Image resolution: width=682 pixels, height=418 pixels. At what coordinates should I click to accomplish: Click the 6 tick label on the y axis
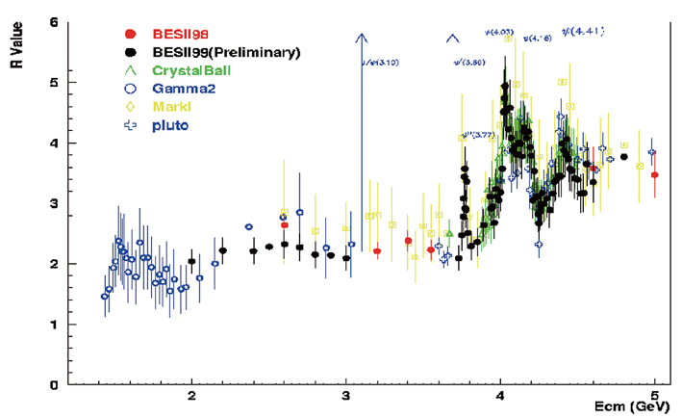pyautogui.click(x=56, y=21)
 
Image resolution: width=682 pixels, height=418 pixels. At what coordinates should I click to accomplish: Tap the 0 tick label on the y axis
pyautogui.click(x=56, y=385)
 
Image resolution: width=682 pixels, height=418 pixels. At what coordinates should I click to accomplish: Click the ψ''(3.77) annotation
pyautogui.click(x=477, y=135)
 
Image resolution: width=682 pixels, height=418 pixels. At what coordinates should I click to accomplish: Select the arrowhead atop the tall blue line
pyautogui.click(x=362, y=38)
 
